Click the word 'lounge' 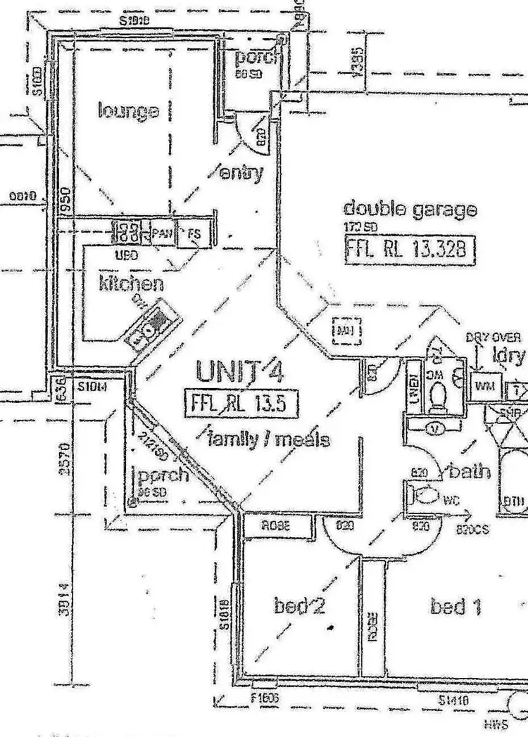(x=128, y=110)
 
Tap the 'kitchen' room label (x=131, y=283)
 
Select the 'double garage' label (x=410, y=209)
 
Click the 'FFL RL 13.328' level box (x=407, y=249)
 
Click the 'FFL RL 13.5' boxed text (x=241, y=404)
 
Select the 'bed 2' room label (x=299, y=606)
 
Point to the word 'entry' (x=241, y=172)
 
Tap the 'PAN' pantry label (x=161, y=233)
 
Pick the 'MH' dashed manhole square (x=345, y=331)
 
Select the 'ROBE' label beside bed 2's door (x=277, y=524)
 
